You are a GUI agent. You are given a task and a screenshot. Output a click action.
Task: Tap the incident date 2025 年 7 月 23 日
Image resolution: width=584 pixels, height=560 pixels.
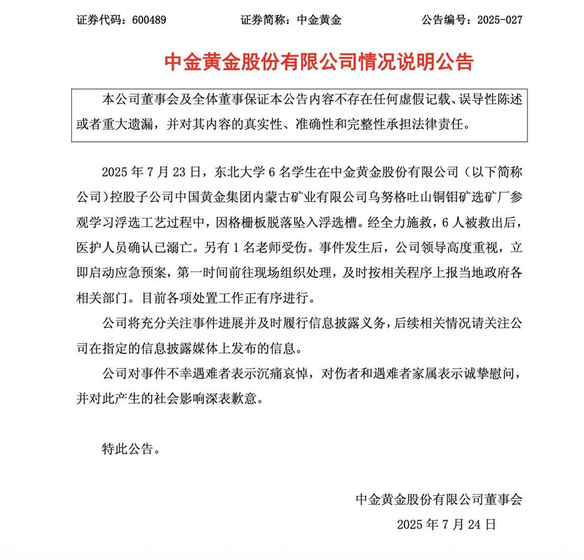(151, 172)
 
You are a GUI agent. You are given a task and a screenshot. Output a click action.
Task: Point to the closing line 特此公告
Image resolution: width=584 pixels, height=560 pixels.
(128, 449)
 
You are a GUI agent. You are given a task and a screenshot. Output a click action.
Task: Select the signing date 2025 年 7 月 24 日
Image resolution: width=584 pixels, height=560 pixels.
(446, 524)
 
